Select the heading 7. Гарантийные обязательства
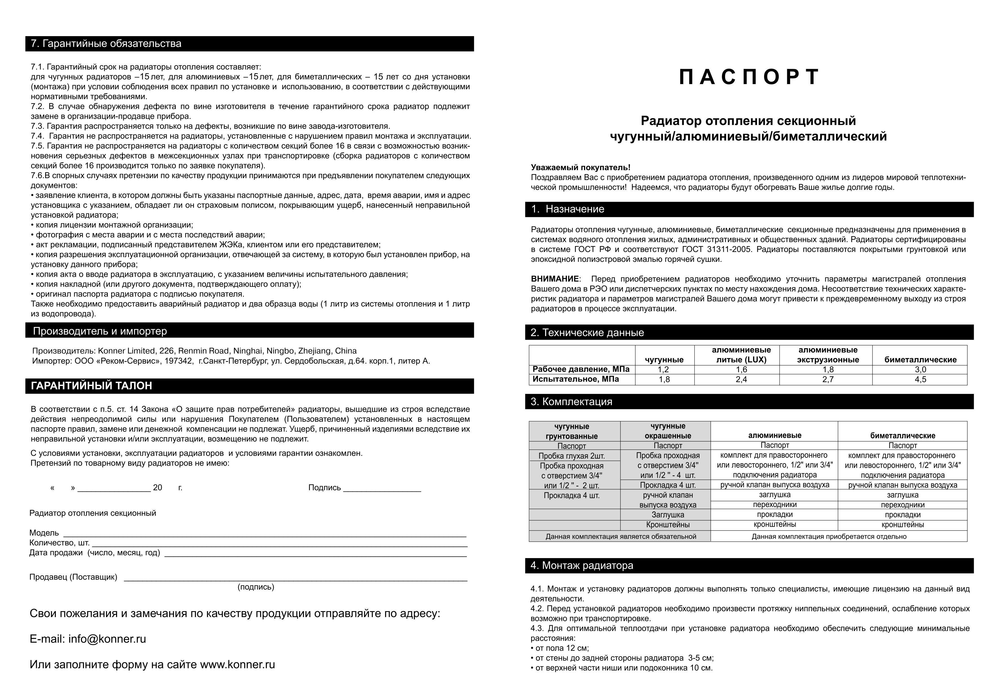click(106, 43)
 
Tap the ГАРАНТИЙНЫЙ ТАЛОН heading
click(91, 386)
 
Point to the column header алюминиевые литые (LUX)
click(741, 355)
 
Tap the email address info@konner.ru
click(107, 639)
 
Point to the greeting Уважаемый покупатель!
click(581, 167)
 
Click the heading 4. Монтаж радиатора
click(581, 565)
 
